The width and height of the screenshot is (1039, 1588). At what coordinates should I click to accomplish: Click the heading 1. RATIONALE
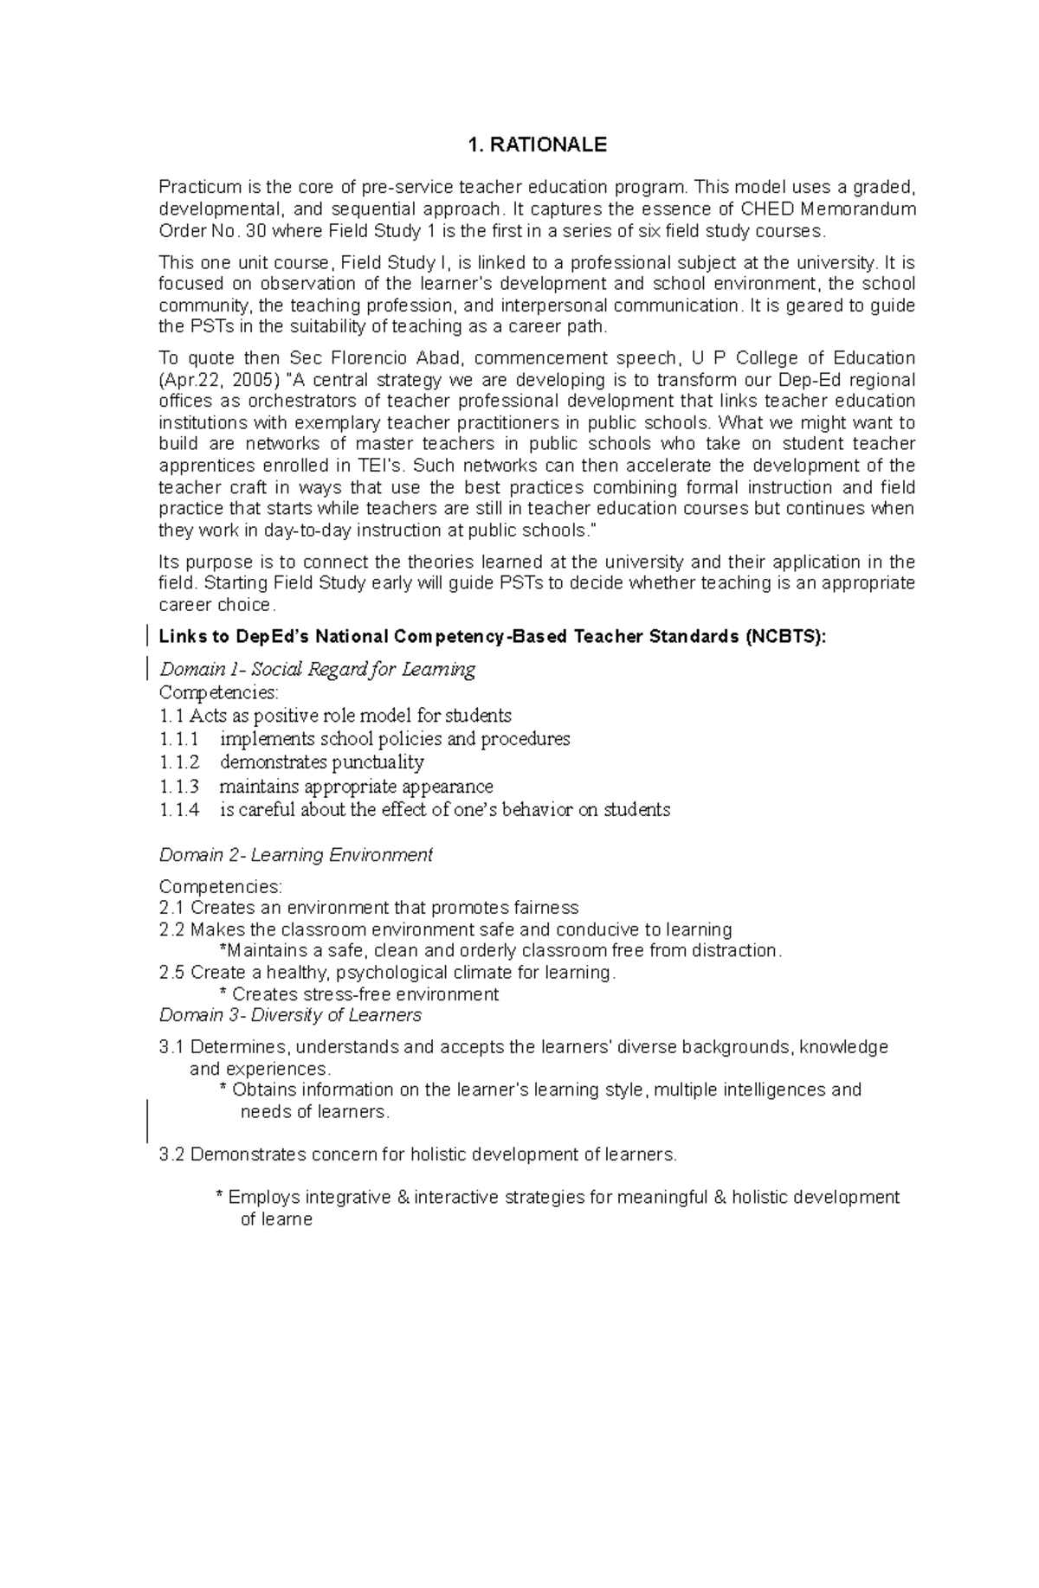click(536, 145)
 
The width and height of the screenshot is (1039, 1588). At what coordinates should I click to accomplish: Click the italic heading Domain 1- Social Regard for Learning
click(317, 669)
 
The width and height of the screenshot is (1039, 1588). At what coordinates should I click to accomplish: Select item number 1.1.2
click(179, 762)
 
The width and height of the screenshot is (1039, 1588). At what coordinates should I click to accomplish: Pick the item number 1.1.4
click(179, 810)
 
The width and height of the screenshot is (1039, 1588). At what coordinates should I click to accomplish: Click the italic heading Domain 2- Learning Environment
click(295, 855)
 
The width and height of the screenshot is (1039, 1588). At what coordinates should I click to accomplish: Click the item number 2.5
click(171, 973)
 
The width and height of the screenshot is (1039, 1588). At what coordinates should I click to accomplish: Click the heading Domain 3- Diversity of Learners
click(290, 1015)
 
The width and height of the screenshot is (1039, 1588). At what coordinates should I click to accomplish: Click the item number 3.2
click(171, 1154)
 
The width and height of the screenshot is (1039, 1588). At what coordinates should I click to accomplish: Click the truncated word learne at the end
click(275, 1219)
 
